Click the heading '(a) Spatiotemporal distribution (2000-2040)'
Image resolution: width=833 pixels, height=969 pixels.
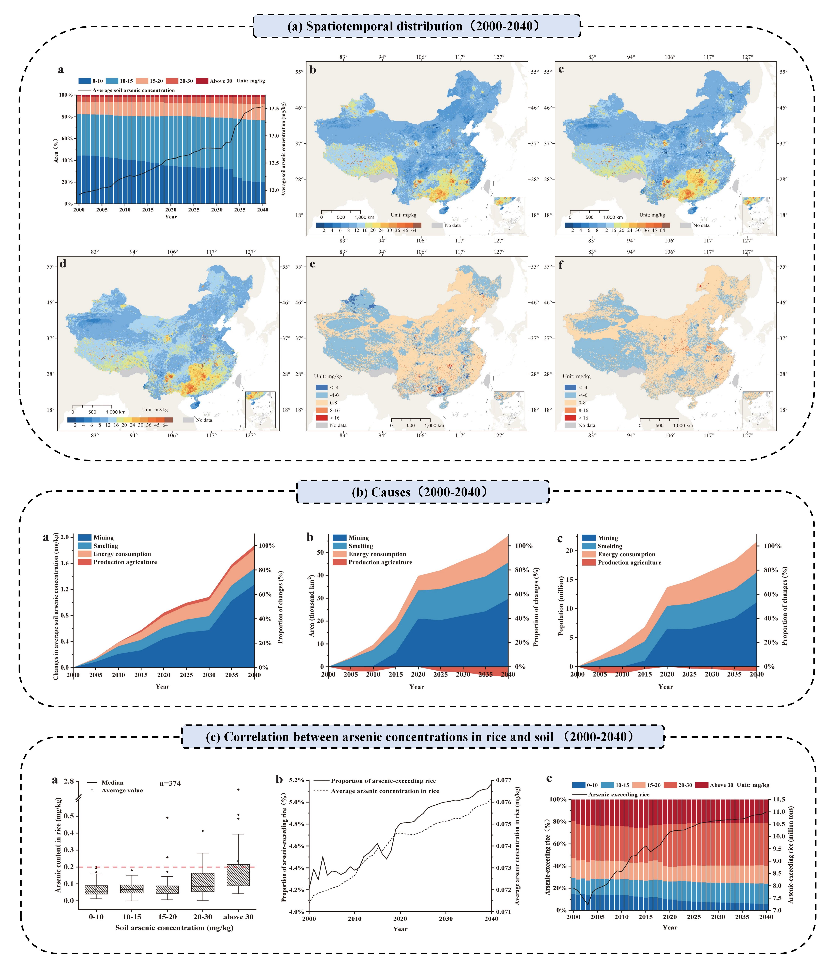point(416,26)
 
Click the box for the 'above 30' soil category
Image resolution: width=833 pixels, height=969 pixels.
point(238,875)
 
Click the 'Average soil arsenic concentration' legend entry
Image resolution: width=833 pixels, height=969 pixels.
point(133,90)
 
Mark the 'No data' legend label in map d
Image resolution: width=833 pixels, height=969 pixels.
point(204,420)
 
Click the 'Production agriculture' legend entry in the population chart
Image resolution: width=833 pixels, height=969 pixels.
point(629,563)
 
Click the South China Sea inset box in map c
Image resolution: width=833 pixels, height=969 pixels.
point(757,215)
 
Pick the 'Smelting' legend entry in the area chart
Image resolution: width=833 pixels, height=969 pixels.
point(360,546)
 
